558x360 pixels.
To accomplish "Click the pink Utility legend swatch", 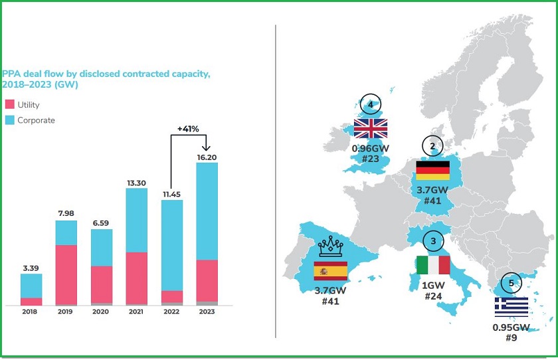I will click(9, 105).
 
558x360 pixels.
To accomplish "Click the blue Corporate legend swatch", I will click(9, 120).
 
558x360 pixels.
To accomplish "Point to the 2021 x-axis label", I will click(136, 311).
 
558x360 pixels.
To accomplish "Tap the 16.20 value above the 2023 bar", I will click(207, 157).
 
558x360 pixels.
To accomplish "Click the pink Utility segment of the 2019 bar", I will click(66, 274).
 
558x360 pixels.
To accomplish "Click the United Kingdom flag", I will click(371, 128).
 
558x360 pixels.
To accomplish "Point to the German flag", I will click(432, 171).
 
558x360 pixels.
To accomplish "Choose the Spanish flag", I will click(330, 272).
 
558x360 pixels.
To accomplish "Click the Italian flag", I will click(432, 265).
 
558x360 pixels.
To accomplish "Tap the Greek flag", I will click(511, 307).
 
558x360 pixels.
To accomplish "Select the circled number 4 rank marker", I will click(371, 105).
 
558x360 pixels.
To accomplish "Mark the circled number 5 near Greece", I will click(511, 282).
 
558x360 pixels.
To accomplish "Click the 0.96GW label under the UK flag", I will click(370, 149).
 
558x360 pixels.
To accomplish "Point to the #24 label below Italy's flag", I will click(432, 295).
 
